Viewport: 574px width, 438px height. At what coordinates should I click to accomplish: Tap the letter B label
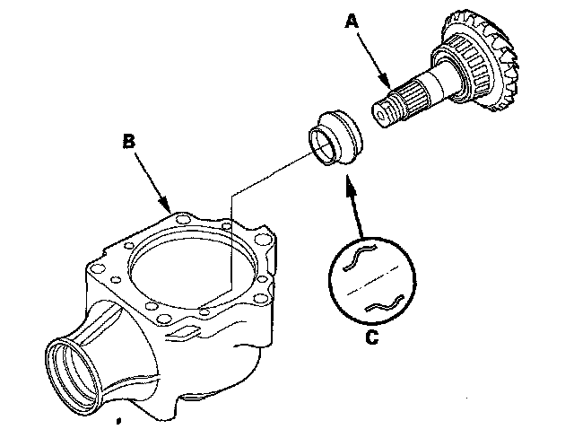coord(128,141)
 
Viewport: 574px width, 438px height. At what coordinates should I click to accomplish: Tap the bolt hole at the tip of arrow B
coord(184,217)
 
